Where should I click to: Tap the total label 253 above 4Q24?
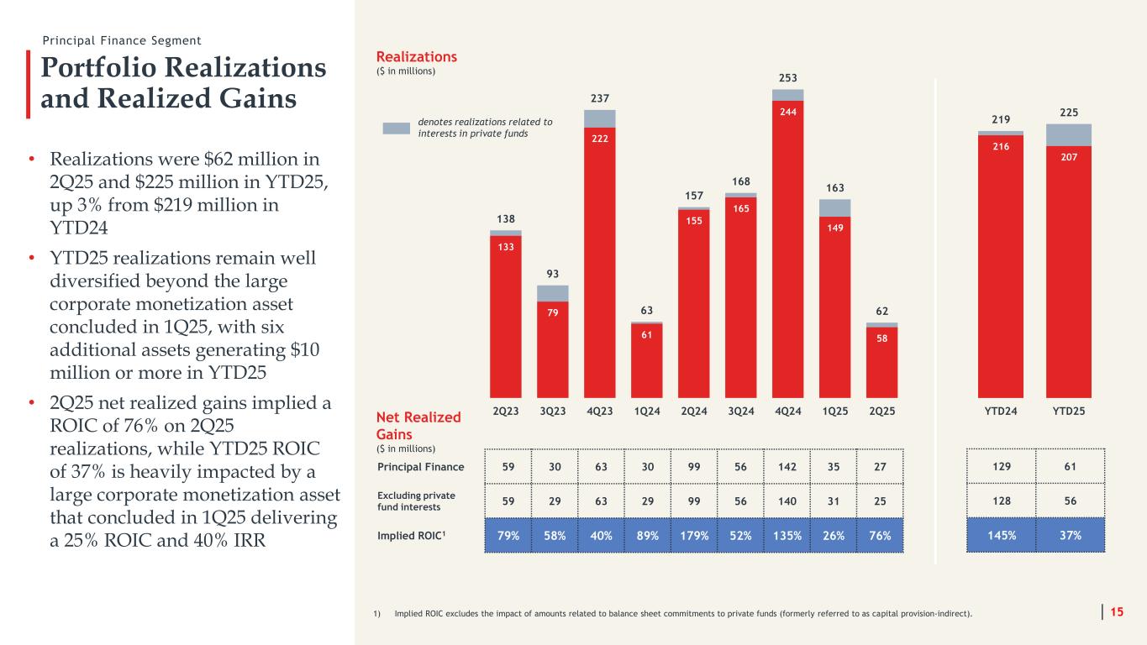tap(788, 76)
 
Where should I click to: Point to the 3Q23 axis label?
tap(553, 412)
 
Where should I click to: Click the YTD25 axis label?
tap(1068, 412)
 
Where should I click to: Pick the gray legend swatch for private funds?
tap(397, 128)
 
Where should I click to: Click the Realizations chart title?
tap(418, 56)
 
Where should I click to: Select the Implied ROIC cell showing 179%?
tap(694, 534)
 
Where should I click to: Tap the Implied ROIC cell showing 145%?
tap(1000, 534)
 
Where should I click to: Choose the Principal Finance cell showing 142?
tap(788, 466)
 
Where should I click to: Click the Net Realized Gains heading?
tap(419, 425)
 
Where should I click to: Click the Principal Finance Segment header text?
tap(123, 40)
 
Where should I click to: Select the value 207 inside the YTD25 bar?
tap(1068, 156)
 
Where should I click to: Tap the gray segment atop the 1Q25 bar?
tap(835, 207)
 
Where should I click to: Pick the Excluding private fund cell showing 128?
tap(1000, 501)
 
